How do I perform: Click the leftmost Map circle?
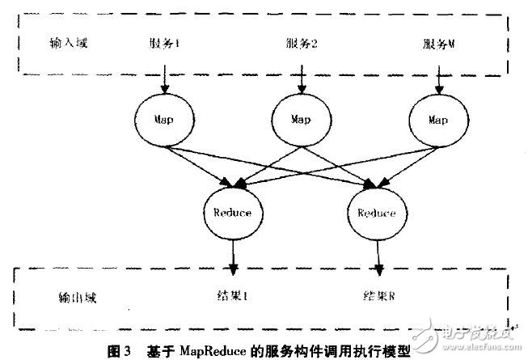pyautogui.click(x=164, y=119)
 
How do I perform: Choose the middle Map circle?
pyautogui.click(x=299, y=119)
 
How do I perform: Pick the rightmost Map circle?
pyautogui.click(x=437, y=119)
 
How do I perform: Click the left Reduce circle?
pyautogui.click(x=232, y=213)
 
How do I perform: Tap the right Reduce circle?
pyautogui.click(x=374, y=214)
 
